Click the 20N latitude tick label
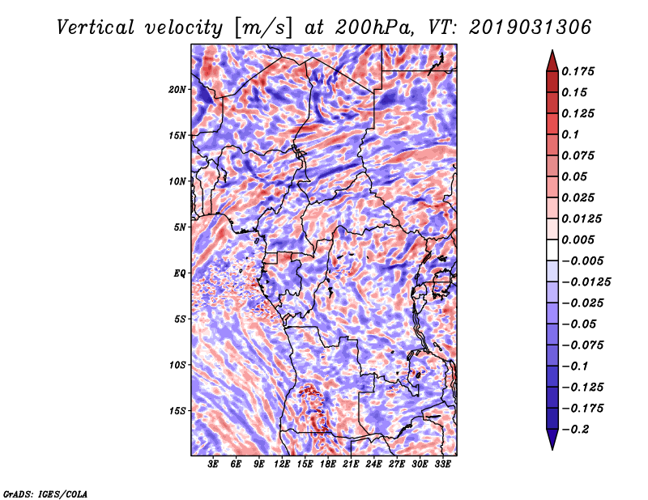tap(177, 90)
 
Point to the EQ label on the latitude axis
tap(180, 273)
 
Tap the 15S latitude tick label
tap(177, 411)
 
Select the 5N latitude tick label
tap(180, 227)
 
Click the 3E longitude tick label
tap(213, 464)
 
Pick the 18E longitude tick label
tap(328, 464)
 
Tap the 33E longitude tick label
tap(442, 464)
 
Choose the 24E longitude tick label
tap(373, 464)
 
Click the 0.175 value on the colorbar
tap(578, 71)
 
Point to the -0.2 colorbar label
tap(575, 430)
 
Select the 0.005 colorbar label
tap(578, 239)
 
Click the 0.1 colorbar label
tap(570, 134)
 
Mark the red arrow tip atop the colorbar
tap(552, 51)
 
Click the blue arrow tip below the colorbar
tap(552, 449)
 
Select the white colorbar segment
tap(552, 250)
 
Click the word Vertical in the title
tap(96, 28)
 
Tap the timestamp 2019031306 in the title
tap(531, 28)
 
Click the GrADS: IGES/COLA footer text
tap(45, 494)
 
